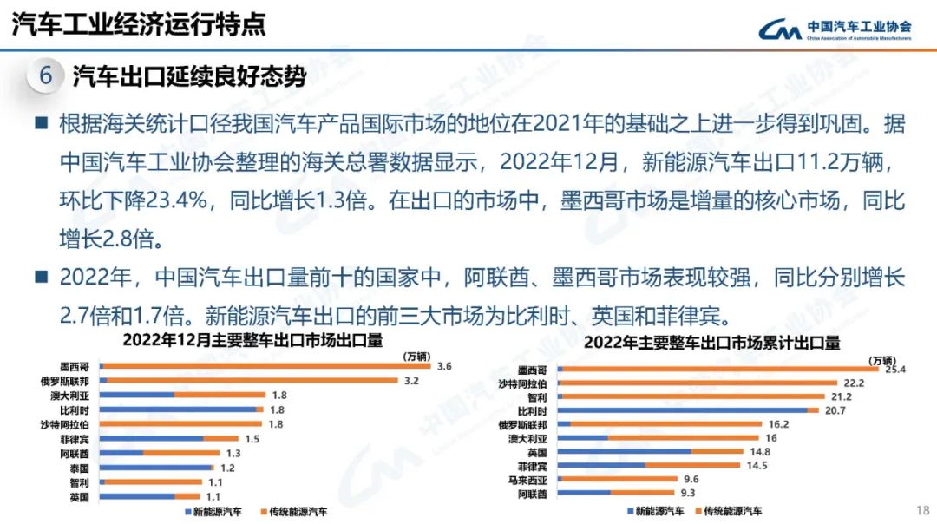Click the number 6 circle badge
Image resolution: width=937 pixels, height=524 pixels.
tap(46, 76)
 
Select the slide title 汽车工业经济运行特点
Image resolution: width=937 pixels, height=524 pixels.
tap(139, 24)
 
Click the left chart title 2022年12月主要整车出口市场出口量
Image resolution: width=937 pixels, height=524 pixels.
tap(252, 339)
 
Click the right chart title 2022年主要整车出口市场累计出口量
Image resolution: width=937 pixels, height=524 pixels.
tap(711, 343)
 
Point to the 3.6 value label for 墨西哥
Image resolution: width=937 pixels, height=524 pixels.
tap(445, 366)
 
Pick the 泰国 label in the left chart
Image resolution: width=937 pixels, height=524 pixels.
tap(79, 468)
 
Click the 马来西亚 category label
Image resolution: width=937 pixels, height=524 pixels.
tap(527, 480)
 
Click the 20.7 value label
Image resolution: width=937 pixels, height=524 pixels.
tap(835, 410)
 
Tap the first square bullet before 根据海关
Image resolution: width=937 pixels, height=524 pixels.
tap(40, 123)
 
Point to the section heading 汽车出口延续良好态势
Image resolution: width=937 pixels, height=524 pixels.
tap(189, 76)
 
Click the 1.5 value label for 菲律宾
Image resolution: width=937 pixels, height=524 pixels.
tap(252, 439)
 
